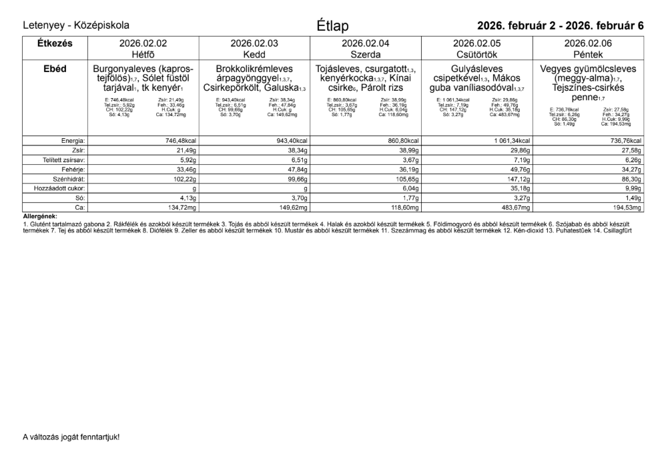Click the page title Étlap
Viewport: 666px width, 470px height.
(332, 26)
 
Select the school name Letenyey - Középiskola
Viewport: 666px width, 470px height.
(76, 25)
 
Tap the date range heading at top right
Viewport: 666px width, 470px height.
(560, 26)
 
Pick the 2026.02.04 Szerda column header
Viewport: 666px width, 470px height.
(365, 48)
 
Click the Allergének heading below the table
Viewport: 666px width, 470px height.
(40, 216)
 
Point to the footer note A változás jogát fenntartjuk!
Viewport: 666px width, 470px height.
(71, 437)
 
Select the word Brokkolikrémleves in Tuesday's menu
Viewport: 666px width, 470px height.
(254, 69)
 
